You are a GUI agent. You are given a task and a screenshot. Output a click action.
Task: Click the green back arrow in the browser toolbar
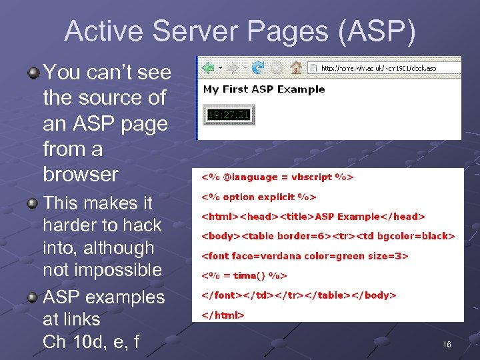point(208,67)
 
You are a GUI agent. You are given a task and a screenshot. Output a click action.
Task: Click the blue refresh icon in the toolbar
point(258,67)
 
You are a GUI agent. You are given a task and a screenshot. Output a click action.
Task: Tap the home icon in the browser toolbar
point(297,67)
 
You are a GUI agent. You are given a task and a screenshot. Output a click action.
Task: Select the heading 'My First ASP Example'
point(264,89)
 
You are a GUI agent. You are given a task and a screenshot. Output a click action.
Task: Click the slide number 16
point(447,344)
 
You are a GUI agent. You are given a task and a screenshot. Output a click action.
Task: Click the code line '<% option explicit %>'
point(259,197)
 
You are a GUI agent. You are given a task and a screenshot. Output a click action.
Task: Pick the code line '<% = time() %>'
point(244,275)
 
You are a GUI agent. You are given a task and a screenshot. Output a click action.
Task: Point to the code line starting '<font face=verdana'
point(304,255)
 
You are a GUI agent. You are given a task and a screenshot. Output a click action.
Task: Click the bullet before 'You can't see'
point(33,72)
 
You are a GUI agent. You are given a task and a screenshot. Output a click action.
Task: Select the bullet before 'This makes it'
point(33,203)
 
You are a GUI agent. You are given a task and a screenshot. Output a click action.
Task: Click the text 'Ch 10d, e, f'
point(91,342)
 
